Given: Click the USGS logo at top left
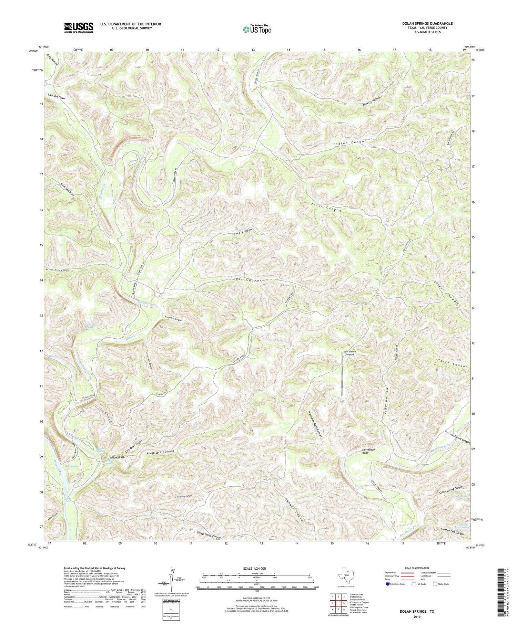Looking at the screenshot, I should tap(79, 28).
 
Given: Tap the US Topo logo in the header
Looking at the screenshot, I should tap(257, 29).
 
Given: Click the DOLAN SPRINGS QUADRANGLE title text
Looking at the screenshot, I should tap(427, 23).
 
